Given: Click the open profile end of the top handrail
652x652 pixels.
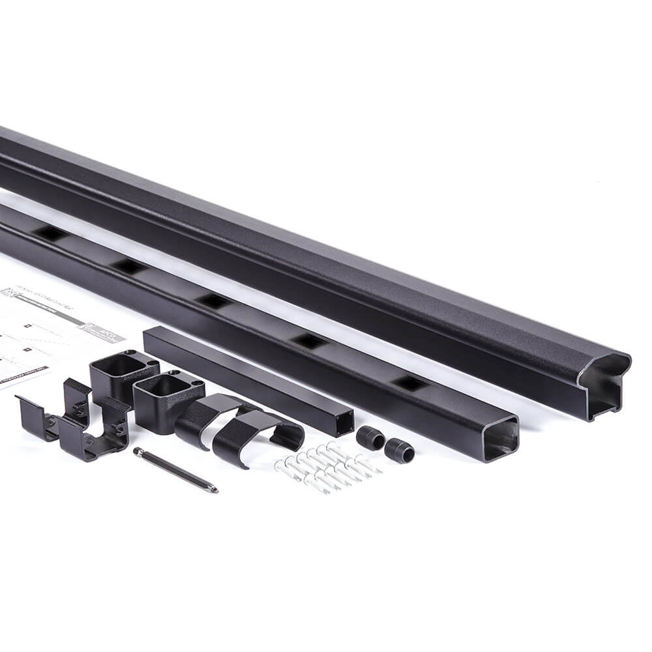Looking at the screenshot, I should [603, 385].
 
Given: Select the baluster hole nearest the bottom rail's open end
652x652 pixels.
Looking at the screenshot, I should [411, 383].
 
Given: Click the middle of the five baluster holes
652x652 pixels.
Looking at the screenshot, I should [213, 301].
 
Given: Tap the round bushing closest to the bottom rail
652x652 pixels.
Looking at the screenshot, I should [398, 450].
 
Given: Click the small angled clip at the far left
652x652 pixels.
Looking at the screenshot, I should [36, 417].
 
